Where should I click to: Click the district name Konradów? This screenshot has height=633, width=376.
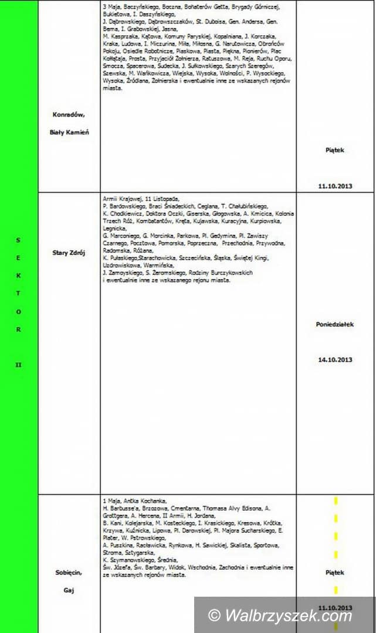click(69, 115)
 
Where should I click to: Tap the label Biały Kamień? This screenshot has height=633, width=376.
click(69, 132)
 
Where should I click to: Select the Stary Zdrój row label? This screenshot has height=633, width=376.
click(69, 253)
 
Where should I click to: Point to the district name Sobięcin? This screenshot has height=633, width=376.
click(69, 572)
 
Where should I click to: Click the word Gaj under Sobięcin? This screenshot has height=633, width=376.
click(69, 590)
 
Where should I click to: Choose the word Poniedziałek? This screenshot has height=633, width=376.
click(335, 324)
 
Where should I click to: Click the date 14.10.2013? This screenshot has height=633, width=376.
click(335, 360)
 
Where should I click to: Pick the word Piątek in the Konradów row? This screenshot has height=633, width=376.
click(335, 149)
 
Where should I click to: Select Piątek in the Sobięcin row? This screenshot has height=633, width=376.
click(335, 572)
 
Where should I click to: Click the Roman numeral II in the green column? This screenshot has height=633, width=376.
click(18, 365)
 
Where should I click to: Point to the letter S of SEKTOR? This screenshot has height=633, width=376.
click(18, 239)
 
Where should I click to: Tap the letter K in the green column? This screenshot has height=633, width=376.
click(18, 275)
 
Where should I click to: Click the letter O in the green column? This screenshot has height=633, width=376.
click(18, 311)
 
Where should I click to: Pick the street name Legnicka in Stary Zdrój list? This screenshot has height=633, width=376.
click(114, 229)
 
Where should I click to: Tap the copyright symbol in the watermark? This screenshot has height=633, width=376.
click(215, 616)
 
